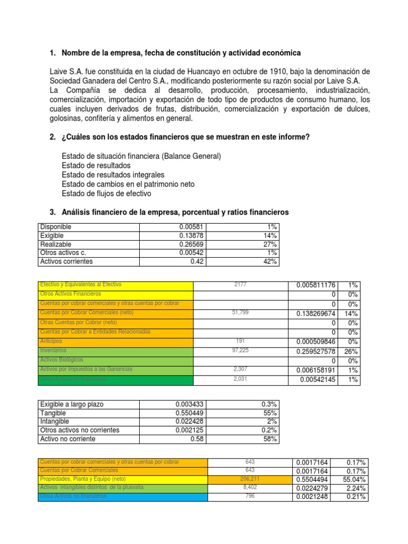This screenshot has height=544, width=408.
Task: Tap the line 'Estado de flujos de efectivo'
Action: click(107, 193)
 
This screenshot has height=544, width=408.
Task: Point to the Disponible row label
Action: click(56, 227)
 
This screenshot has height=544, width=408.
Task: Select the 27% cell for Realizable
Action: click(270, 244)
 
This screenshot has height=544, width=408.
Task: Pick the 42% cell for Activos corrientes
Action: click(270, 262)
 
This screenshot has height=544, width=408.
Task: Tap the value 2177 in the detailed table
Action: click(241, 285)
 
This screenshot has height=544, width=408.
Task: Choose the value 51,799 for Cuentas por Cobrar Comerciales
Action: click(241, 313)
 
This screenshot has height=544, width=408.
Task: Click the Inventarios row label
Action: click(53, 351)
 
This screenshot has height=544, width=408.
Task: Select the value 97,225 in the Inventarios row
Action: click(241, 351)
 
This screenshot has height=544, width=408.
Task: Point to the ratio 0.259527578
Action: click(316, 352)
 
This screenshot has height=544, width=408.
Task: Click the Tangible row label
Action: click(54, 413)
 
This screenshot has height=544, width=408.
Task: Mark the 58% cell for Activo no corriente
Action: click(270, 439)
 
